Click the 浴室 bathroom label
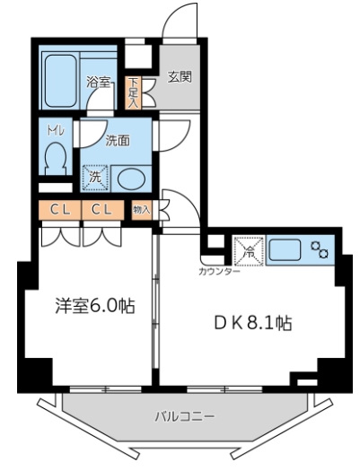(98, 83)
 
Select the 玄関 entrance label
(179, 77)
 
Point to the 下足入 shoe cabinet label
(133, 90)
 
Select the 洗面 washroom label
(118, 141)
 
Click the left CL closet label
(60, 210)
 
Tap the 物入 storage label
(140, 210)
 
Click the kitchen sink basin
(286, 248)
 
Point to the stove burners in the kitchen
(320, 248)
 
